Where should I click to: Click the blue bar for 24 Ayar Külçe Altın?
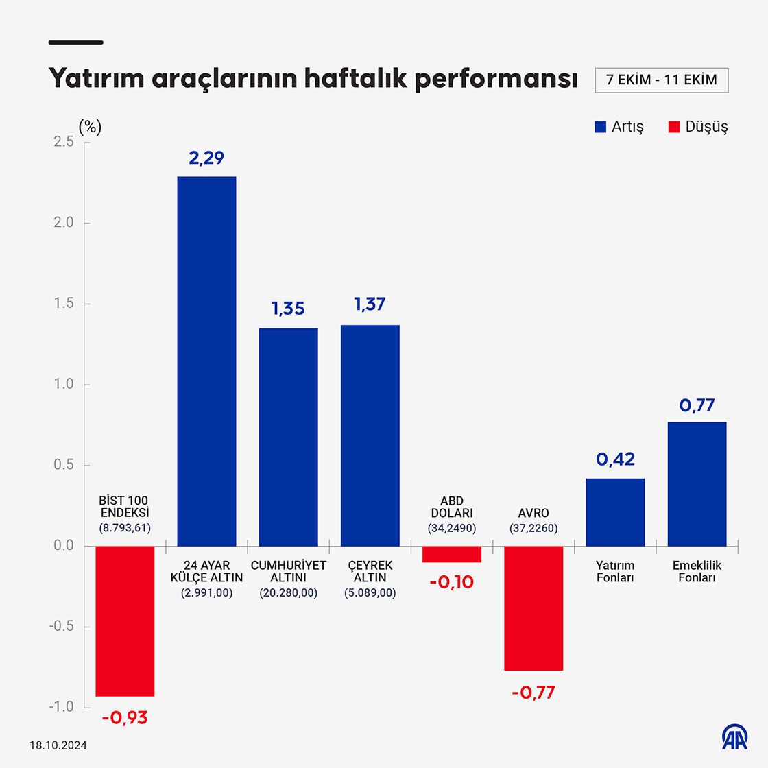click(206, 361)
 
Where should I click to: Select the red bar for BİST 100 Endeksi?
click(125, 621)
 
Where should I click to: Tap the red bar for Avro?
click(533, 608)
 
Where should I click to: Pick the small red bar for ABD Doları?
click(452, 554)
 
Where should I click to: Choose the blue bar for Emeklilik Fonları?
click(697, 484)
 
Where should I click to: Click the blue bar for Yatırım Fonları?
click(615, 512)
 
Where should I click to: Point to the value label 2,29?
click(206, 158)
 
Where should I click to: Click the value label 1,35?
click(288, 309)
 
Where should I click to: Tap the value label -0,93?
click(125, 718)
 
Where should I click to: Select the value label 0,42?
click(615, 459)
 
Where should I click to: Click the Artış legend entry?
click(619, 127)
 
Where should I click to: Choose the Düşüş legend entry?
click(698, 127)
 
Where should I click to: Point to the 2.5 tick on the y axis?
click(64, 142)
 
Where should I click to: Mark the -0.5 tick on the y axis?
click(62, 627)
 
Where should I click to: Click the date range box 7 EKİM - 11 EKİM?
click(661, 80)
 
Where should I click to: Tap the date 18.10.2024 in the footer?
click(58, 745)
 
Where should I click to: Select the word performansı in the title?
click(496, 78)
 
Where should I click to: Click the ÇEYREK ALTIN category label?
click(370, 571)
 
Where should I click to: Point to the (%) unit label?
click(90, 127)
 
